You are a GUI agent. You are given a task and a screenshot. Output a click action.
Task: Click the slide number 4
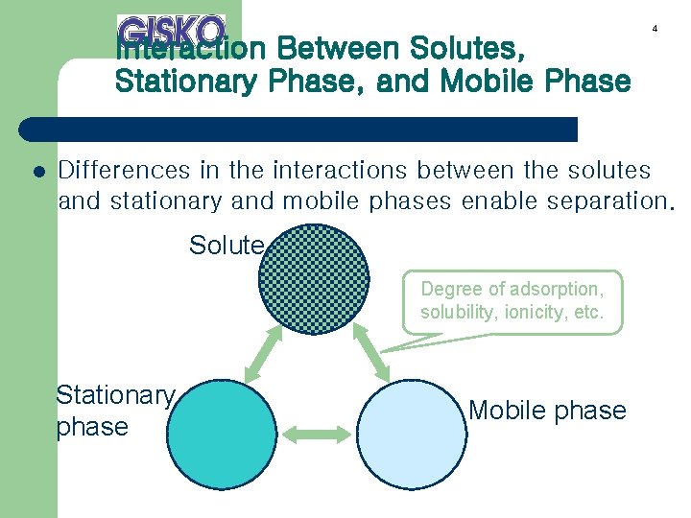(655, 29)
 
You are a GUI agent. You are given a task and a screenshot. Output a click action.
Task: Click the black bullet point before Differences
(38, 174)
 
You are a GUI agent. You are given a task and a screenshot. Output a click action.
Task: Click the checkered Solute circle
(314, 279)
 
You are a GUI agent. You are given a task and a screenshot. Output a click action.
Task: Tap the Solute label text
(226, 246)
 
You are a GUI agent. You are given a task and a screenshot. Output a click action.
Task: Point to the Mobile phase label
(547, 411)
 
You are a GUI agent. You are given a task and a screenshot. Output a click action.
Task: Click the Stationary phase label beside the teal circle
(113, 411)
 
